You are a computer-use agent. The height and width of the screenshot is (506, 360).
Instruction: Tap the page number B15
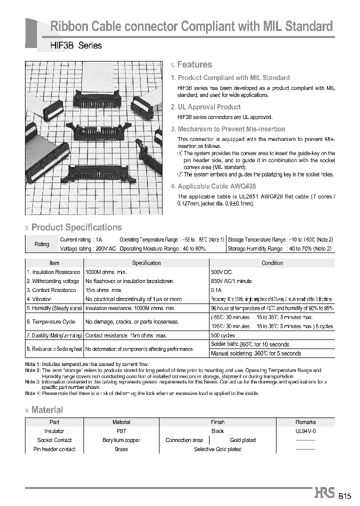tap(345, 496)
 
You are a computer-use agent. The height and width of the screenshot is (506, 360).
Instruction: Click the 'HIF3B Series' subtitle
tap(76, 45)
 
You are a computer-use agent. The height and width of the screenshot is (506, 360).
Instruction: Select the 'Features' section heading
tap(194, 64)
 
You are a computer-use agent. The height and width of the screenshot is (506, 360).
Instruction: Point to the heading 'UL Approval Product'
tap(209, 107)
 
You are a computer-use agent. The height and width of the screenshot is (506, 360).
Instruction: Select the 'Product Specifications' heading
tap(76, 227)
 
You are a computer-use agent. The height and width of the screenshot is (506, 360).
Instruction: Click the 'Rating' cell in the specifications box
tap(42, 244)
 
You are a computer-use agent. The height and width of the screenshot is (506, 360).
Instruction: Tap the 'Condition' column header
tap(272, 263)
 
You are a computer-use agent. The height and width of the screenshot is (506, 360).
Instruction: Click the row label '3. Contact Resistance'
tap(51, 290)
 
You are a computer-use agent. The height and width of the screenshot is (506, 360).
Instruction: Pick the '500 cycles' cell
tap(223, 335)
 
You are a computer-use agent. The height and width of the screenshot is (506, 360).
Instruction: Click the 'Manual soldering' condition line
tap(256, 353)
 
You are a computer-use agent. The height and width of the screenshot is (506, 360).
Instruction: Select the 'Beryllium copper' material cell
tap(121, 440)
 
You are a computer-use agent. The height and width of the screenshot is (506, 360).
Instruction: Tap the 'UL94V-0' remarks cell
tap(305, 431)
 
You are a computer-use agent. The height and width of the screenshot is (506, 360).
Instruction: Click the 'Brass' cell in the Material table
tap(121, 449)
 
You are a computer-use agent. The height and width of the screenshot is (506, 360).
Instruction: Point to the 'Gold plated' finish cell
tap(242, 440)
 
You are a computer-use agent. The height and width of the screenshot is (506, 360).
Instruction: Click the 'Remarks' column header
tap(305, 422)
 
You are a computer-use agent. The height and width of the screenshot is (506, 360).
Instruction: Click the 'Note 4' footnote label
tap(32, 393)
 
